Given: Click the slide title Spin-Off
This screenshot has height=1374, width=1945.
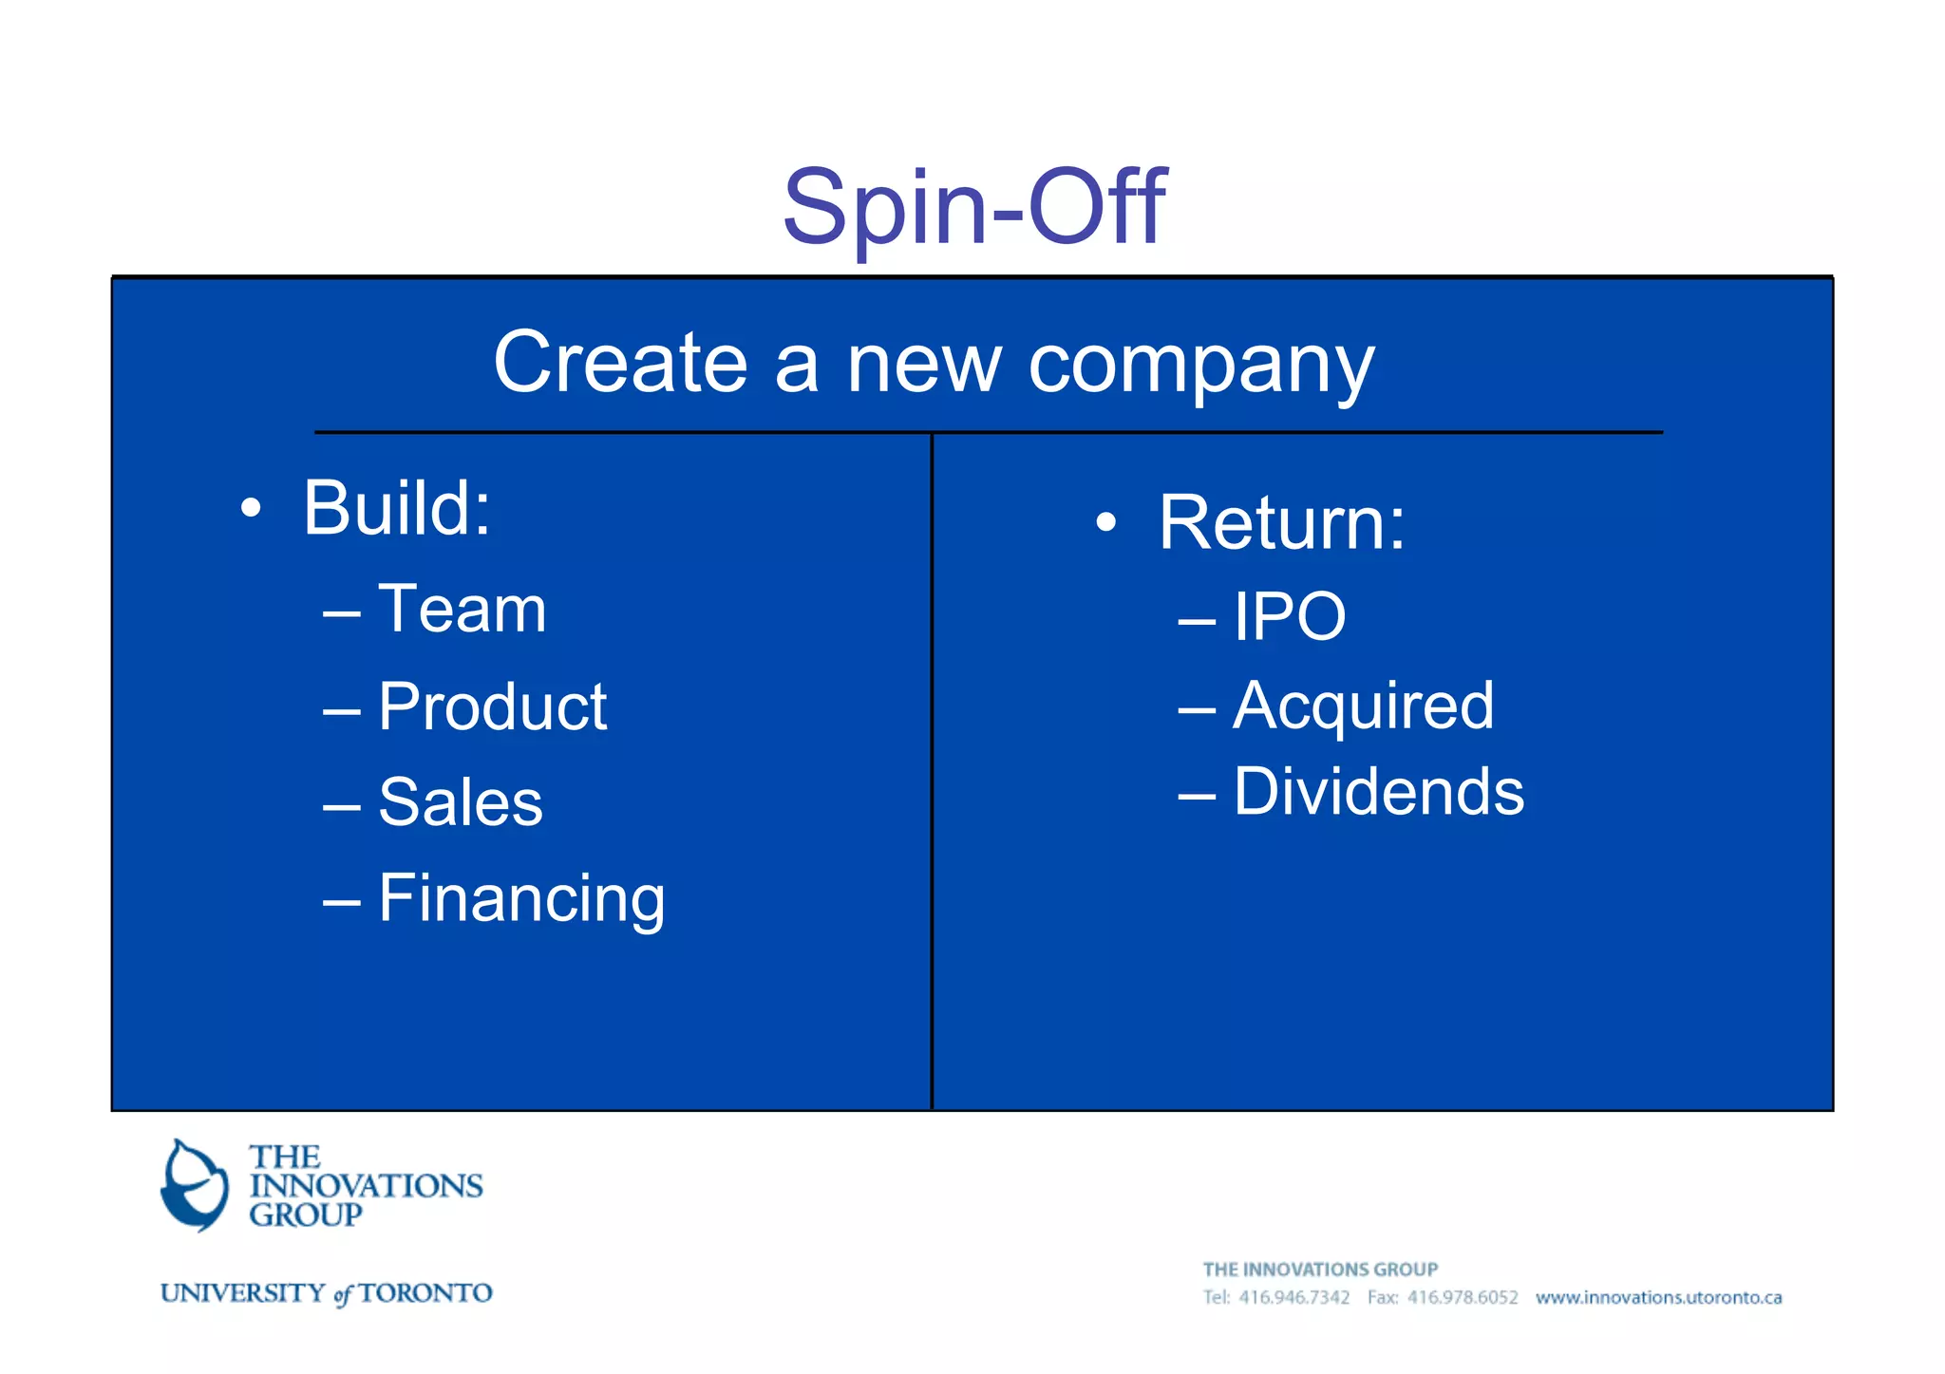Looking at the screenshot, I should [973, 207].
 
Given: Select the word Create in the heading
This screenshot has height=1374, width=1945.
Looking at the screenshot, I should [620, 363].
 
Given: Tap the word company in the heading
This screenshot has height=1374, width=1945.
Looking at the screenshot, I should [1201, 366].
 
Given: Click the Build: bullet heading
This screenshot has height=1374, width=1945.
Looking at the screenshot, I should [397, 508].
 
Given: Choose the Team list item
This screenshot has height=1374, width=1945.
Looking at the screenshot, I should [462, 609].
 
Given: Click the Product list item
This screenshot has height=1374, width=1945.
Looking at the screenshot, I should [492, 706].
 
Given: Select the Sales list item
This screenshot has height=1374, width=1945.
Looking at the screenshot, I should [460, 802].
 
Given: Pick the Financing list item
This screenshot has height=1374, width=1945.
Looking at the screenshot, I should [521, 898].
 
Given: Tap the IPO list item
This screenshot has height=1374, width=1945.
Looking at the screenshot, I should [1289, 617].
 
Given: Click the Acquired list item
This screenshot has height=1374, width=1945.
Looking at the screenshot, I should [1363, 706].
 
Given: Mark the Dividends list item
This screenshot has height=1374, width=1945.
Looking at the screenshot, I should [1378, 792].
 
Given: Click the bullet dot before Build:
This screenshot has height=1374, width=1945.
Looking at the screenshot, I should [251, 508].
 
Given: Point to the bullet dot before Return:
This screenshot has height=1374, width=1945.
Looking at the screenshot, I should [1105, 522].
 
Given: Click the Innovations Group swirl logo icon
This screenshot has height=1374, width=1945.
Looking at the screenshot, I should [195, 1185].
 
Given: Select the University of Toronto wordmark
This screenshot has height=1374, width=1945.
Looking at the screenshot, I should [326, 1293].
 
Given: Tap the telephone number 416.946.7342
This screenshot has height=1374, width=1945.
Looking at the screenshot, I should [1294, 1297].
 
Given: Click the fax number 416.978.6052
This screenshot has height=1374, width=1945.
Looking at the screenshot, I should [1462, 1297].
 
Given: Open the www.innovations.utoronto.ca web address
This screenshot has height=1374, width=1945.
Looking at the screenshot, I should [1658, 1297].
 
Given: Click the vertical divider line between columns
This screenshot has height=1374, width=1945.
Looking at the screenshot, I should [932, 769].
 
